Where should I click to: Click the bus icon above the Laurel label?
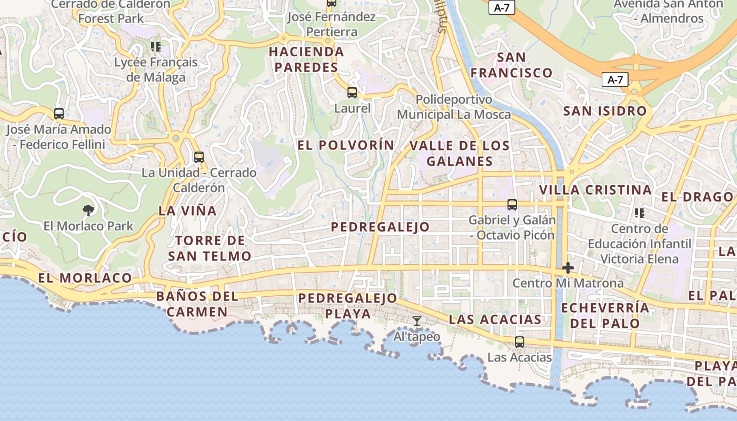click(352, 93)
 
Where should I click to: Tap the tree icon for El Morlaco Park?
click(88, 210)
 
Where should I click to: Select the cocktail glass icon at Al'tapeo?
click(417, 320)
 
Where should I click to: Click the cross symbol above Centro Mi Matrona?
click(567, 268)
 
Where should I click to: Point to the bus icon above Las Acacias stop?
click(520, 342)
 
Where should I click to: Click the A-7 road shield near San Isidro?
click(615, 80)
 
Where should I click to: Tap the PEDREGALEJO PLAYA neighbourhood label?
click(347, 306)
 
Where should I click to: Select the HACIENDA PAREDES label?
click(306, 59)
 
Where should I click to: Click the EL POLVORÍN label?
click(346, 145)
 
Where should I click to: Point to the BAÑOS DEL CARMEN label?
click(197, 304)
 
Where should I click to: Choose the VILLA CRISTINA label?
click(595, 190)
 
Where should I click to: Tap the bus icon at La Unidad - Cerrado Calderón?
click(198, 157)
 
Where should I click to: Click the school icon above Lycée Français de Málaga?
click(155, 47)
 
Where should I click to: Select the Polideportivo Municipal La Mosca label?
click(454, 107)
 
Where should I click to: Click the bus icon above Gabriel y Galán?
click(512, 205)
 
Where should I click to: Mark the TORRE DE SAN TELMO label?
click(210, 248)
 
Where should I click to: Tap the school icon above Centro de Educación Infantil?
click(640, 213)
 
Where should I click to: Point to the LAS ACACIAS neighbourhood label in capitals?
click(495, 319)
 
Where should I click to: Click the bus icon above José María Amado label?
click(59, 113)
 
